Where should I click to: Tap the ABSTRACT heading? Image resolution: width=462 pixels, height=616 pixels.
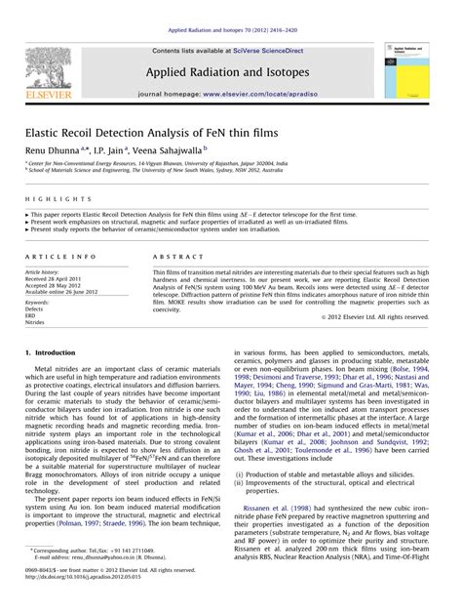[x=173, y=256]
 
